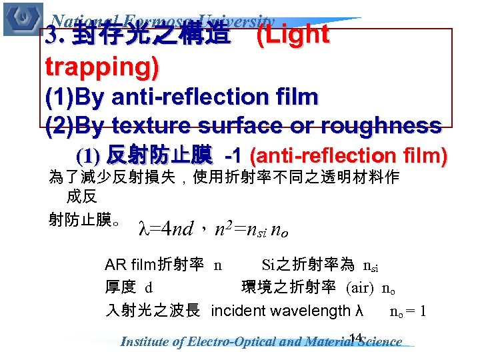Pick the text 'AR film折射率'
point(154,265)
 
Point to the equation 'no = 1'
point(408,311)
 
